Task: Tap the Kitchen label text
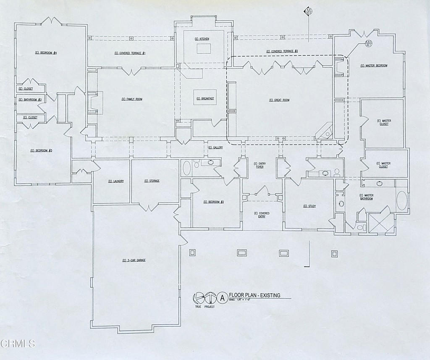pyautogui.click(x=202, y=39)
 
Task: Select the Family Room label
pyautogui.click(x=132, y=99)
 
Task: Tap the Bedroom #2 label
pyautogui.click(x=213, y=202)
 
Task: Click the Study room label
pyautogui.click(x=309, y=206)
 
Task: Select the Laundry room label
pyautogui.click(x=116, y=181)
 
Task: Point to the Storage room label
pyautogui.click(x=152, y=181)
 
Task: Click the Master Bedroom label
pyautogui.click(x=374, y=66)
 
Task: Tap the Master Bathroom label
pyautogui.click(x=366, y=197)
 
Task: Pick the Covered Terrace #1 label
pyautogui.click(x=129, y=53)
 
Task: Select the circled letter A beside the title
pyautogui.click(x=222, y=298)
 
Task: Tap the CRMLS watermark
pyautogui.click(x=18, y=344)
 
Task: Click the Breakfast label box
pyautogui.click(x=205, y=99)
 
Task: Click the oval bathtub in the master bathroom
pyautogui.click(x=402, y=201)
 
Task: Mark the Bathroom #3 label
pyautogui.click(x=30, y=100)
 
